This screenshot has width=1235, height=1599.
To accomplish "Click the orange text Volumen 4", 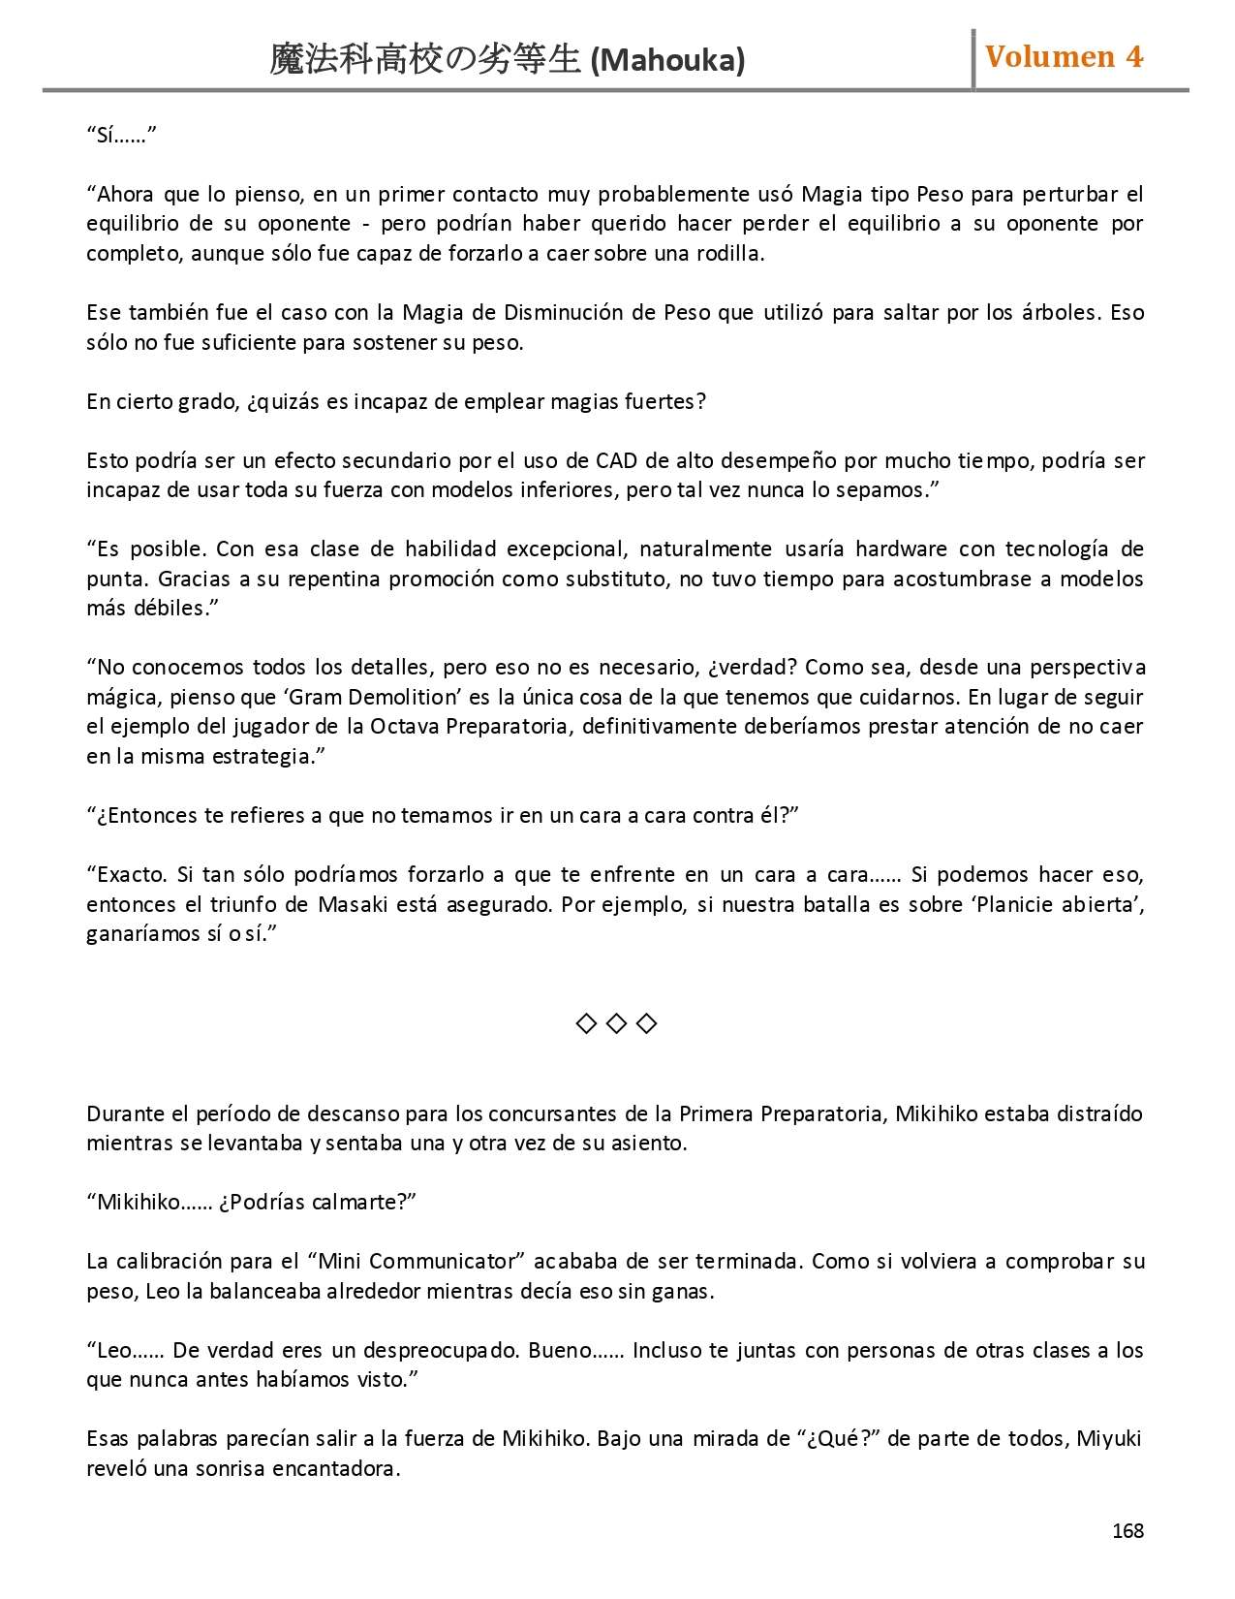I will tap(1064, 57).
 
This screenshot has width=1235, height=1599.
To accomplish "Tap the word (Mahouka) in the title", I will tap(667, 61).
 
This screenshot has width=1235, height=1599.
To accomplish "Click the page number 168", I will tap(1127, 1530).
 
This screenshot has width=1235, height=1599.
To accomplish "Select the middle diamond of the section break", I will tap(616, 1023).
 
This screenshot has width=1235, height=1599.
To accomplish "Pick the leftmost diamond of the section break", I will tap(586, 1023).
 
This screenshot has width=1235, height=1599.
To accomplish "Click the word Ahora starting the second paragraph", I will tap(127, 194).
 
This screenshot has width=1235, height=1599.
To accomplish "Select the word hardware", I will tap(900, 549).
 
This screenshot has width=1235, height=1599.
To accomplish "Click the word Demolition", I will tap(403, 697).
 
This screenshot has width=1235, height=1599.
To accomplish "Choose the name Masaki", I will tap(353, 904).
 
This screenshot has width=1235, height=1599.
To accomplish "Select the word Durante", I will tap(121, 1113).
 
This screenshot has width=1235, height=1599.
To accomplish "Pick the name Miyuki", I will tap(1109, 1438).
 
